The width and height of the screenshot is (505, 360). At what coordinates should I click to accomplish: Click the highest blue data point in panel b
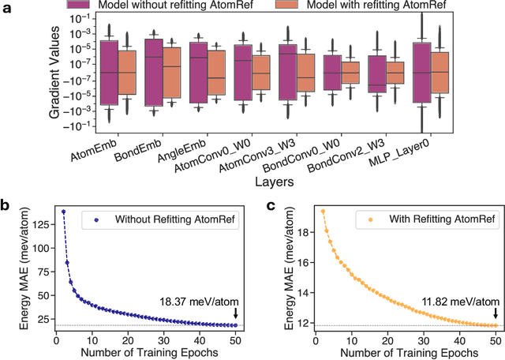[64, 212]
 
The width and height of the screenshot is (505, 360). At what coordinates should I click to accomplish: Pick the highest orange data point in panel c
[323, 211]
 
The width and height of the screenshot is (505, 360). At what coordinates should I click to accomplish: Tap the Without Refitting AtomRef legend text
[173, 218]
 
